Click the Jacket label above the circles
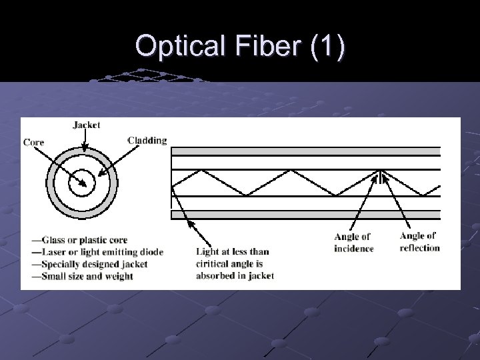[x=86, y=125]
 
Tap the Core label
[x=33, y=141]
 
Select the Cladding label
[x=147, y=140]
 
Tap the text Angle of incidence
[x=353, y=243]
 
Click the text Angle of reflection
[x=419, y=241]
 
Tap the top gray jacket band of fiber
[x=306, y=151]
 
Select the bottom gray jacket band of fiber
[x=306, y=215]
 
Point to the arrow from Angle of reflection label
[x=400, y=203]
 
